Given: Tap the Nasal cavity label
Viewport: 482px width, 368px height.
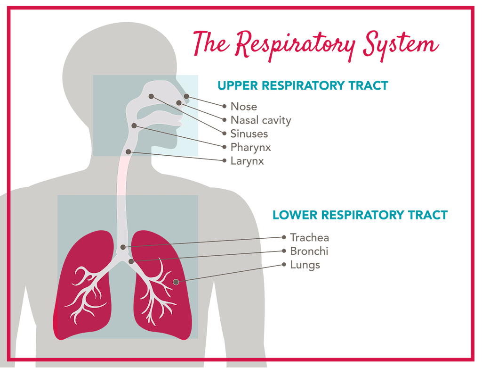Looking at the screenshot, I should coord(261,120).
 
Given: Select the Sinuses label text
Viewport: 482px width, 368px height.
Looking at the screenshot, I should coord(249,134).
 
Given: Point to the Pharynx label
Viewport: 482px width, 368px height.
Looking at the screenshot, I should coord(250,148).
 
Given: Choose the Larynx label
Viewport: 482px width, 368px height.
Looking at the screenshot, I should coord(247,161).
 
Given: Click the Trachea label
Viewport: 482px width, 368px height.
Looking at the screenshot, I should coord(309,238).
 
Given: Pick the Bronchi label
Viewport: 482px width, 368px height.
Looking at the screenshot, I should coord(309,251).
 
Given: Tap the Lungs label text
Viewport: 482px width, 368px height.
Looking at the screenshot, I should coord(305,265).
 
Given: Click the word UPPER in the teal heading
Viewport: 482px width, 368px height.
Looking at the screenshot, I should coord(238,86).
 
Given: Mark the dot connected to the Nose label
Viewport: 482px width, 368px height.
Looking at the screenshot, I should coord(187,96).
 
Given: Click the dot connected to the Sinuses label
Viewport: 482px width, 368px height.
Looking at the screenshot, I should coord(152,96).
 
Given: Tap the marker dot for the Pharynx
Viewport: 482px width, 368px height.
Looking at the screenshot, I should coord(135,125).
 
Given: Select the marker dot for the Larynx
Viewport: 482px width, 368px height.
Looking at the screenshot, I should coord(128,151).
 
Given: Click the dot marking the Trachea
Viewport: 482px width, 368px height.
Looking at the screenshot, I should coord(123,247).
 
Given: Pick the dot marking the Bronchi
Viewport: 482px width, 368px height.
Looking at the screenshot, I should coord(131,261).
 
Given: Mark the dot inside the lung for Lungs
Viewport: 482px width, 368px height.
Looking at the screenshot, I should coord(176,282).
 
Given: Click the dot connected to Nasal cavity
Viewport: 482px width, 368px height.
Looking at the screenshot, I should coord(179,102).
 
